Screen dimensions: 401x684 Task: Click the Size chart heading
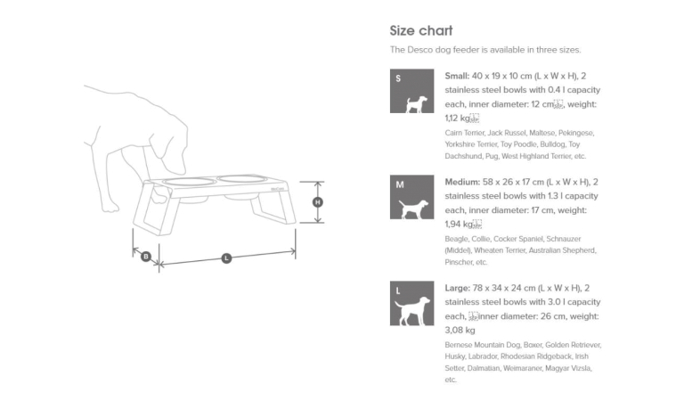(421, 30)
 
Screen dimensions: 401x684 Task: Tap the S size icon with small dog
(411, 91)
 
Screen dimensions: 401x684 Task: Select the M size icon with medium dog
(411, 197)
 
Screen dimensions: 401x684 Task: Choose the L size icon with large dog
(411, 303)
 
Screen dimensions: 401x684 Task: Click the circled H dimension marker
(318, 202)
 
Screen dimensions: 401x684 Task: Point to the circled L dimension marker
(226, 258)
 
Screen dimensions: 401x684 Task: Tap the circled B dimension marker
(146, 257)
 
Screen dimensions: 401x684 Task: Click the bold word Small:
(459, 76)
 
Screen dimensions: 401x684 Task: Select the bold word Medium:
(463, 181)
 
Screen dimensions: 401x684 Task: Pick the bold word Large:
(460, 287)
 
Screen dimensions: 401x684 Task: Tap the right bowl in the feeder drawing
(240, 179)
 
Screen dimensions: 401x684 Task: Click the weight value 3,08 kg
(460, 330)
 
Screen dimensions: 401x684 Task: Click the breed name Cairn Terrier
(465, 133)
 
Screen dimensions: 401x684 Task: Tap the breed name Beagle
(456, 239)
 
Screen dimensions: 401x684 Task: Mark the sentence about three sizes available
(485, 50)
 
